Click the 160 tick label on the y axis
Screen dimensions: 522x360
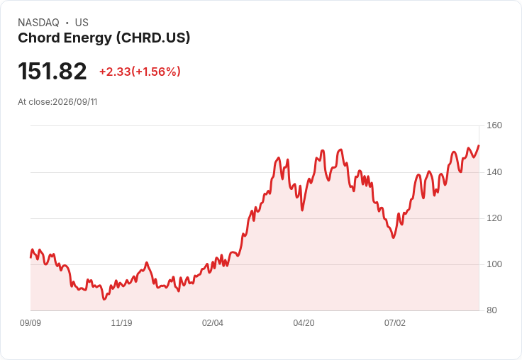click(494, 125)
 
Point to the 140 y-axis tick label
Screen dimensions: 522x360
click(494, 172)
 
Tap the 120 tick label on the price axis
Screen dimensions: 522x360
click(494, 218)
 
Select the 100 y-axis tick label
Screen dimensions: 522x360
click(494, 264)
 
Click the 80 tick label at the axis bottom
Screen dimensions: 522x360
click(492, 310)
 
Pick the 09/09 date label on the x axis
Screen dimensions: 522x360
click(30, 323)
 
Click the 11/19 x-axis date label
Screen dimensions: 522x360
click(121, 323)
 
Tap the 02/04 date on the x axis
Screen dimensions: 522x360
click(212, 323)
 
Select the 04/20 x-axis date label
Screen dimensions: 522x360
click(304, 323)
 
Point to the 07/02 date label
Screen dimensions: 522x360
click(395, 323)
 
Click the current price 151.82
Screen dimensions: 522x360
click(52, 71)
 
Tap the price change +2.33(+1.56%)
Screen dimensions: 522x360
click(140, 72)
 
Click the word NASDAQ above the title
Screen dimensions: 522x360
click(38, 23)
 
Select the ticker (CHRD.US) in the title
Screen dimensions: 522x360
click(153, 38)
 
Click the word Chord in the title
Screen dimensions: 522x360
click(38, 38)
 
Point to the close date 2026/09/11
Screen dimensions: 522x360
click(75, 102)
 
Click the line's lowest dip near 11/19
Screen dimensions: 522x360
click(104, 299)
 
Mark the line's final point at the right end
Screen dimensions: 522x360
click(479, 145)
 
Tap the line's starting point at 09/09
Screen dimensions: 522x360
click(30, 257)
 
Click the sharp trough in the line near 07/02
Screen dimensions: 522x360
click(394, 237)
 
